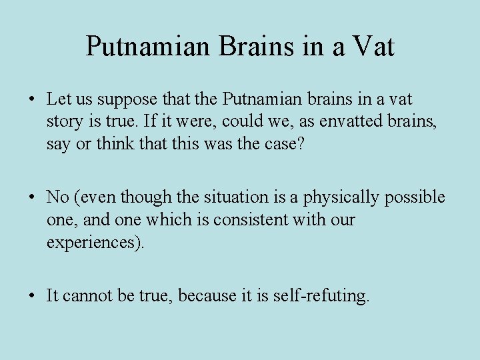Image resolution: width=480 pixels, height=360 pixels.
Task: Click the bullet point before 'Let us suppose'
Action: click(x=32, y=100)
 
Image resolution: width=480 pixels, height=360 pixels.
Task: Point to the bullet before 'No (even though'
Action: click(x=32, y=197)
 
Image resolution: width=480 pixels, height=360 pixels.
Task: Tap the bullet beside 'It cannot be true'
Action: click(x=32, y=295)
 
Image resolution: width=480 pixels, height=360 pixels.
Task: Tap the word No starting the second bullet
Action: click(x=57, y=197)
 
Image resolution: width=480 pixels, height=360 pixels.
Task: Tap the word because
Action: click(x=207, y=295)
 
